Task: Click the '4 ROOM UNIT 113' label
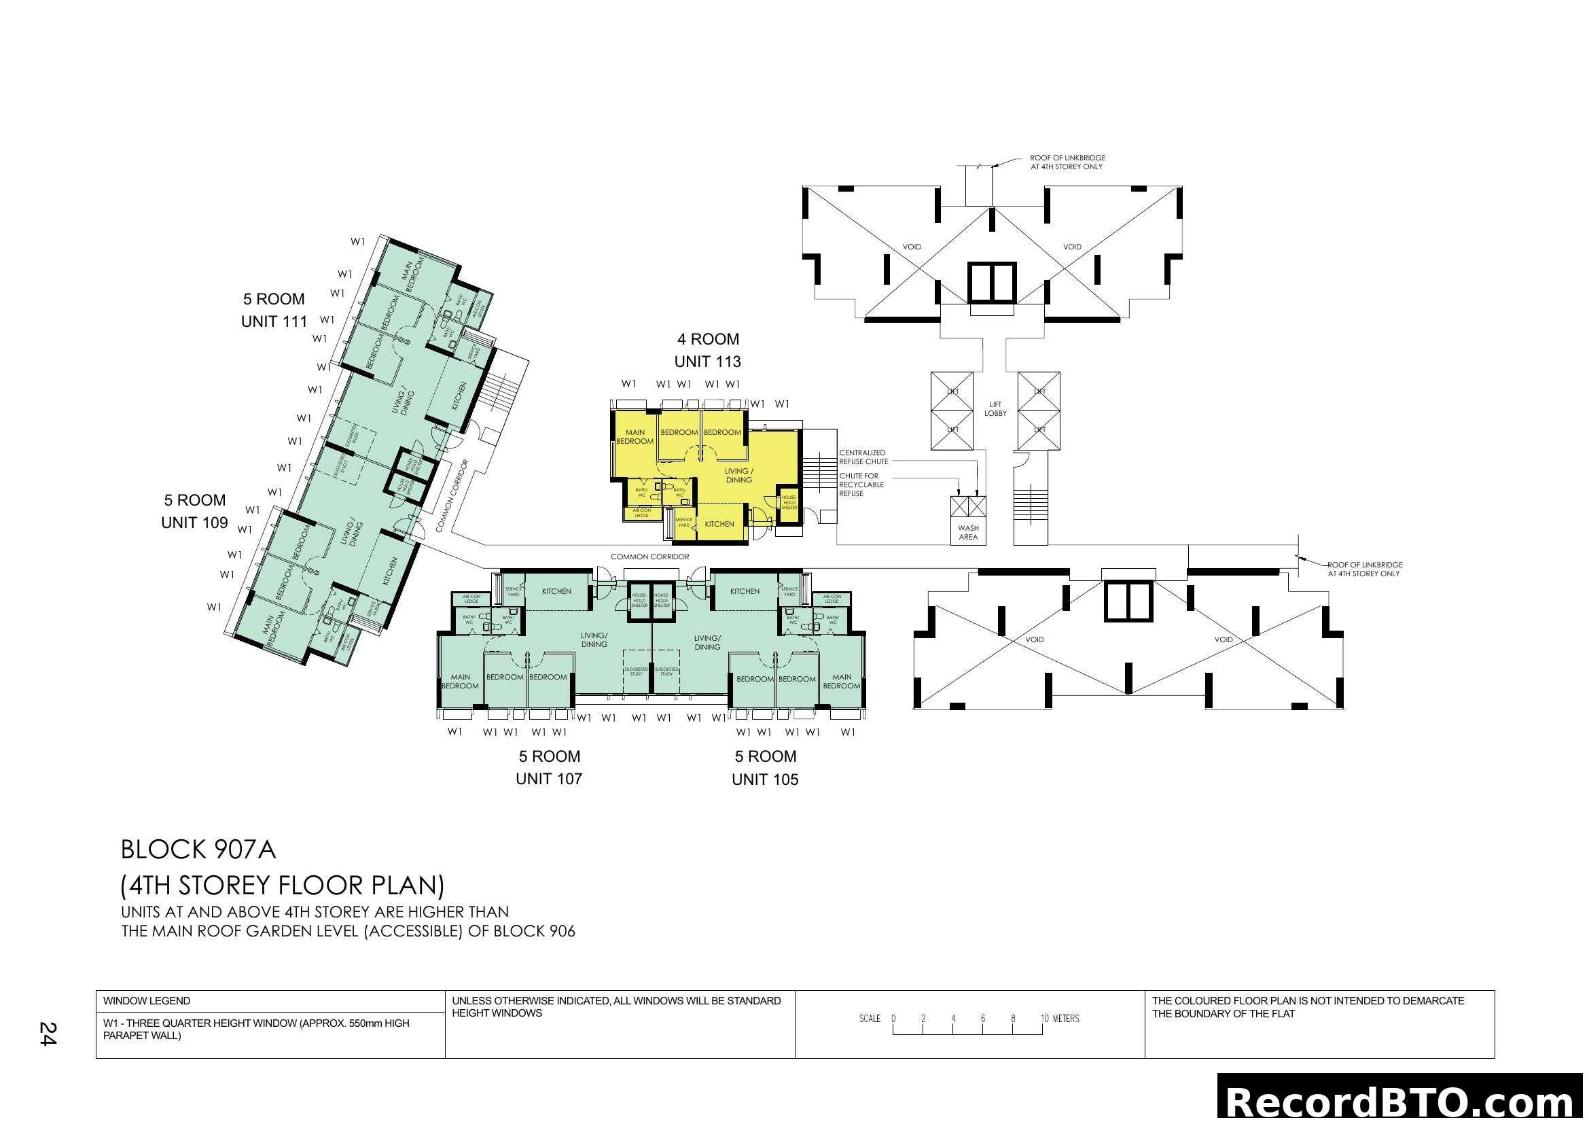707,350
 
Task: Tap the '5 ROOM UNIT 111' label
274,310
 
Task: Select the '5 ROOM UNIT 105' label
765,767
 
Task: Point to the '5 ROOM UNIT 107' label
549,767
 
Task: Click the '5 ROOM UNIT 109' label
194,512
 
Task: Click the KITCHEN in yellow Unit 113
719,524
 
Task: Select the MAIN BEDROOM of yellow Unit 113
635,437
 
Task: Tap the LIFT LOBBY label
995,409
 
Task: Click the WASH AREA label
968,532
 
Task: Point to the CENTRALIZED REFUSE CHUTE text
863,457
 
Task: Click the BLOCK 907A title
198,850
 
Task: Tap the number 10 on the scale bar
1044,1018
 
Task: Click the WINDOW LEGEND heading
147,1001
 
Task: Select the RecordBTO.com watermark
1401,1100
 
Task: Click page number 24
48,1034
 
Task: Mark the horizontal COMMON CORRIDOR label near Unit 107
649,557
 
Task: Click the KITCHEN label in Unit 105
745,591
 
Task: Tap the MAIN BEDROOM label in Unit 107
460,682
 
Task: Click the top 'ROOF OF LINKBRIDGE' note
1067,162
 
